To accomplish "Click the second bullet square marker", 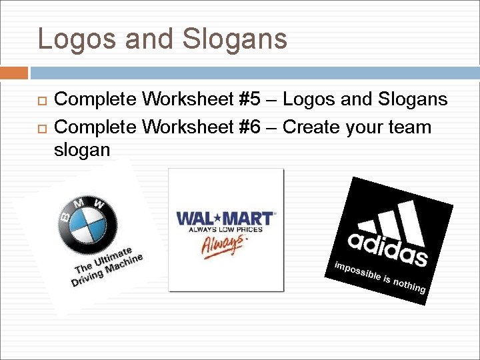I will pyautogui.click(x=41, y=127).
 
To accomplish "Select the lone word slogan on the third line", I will pyautogui.click(x=81, y=150).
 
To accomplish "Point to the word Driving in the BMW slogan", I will pyautogui.click(x=87, y=276).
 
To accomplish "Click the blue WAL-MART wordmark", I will pyautogui.click(x=225, y=219).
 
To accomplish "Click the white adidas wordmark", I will pyautogui.click(x=387, y=247).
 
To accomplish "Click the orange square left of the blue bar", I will pyautogui.click(x=14, y=73).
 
